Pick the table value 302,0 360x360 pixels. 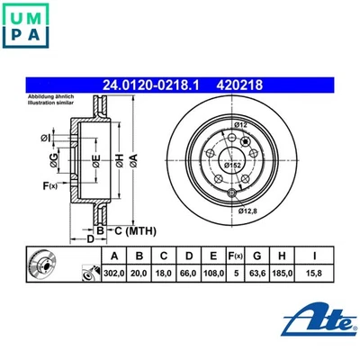click(115, 271)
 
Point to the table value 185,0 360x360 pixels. click(285, 271)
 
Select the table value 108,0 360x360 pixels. click(209, 271)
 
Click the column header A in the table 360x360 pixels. click(115, 255)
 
